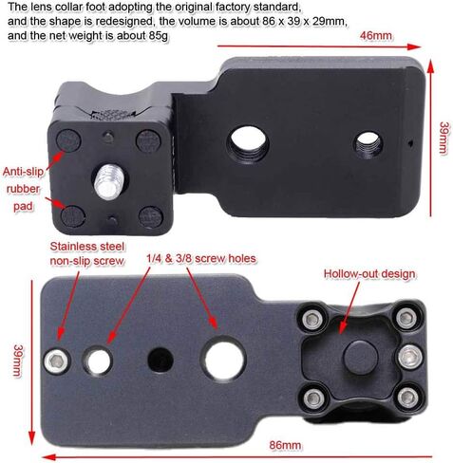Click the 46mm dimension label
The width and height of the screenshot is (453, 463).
[x=375, y=35]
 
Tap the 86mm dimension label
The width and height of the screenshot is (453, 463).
[x=285, y=445]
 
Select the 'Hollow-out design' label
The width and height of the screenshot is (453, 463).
[x=369, y=274]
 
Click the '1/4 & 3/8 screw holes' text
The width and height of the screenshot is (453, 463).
[x=201, y=258]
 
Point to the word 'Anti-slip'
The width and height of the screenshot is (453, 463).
[x=23, y=172]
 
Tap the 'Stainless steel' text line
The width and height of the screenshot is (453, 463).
[x=87, y=246]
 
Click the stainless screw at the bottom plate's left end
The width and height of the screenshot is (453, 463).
[x=57, y=361]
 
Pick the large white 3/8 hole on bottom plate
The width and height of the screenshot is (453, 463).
[x=223, y=361]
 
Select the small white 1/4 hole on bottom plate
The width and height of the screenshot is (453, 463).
[x=98, y=361]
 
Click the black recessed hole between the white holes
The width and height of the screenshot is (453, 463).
[x=160, y=361]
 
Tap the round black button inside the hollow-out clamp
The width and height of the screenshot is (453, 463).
[x=360, y=358]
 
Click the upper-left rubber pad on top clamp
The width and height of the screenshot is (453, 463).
[x=68, y=140]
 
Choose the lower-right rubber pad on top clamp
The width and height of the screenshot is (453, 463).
[x=151, y=216]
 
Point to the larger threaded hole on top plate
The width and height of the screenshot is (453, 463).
[x=248, y=140]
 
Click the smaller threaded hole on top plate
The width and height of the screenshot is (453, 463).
[x=368, y=145]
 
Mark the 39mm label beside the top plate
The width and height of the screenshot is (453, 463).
[x=443, y=138]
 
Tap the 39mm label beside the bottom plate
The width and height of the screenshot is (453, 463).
[x=17, y=361]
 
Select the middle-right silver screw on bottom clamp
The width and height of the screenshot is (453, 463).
[x=410, y=357]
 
